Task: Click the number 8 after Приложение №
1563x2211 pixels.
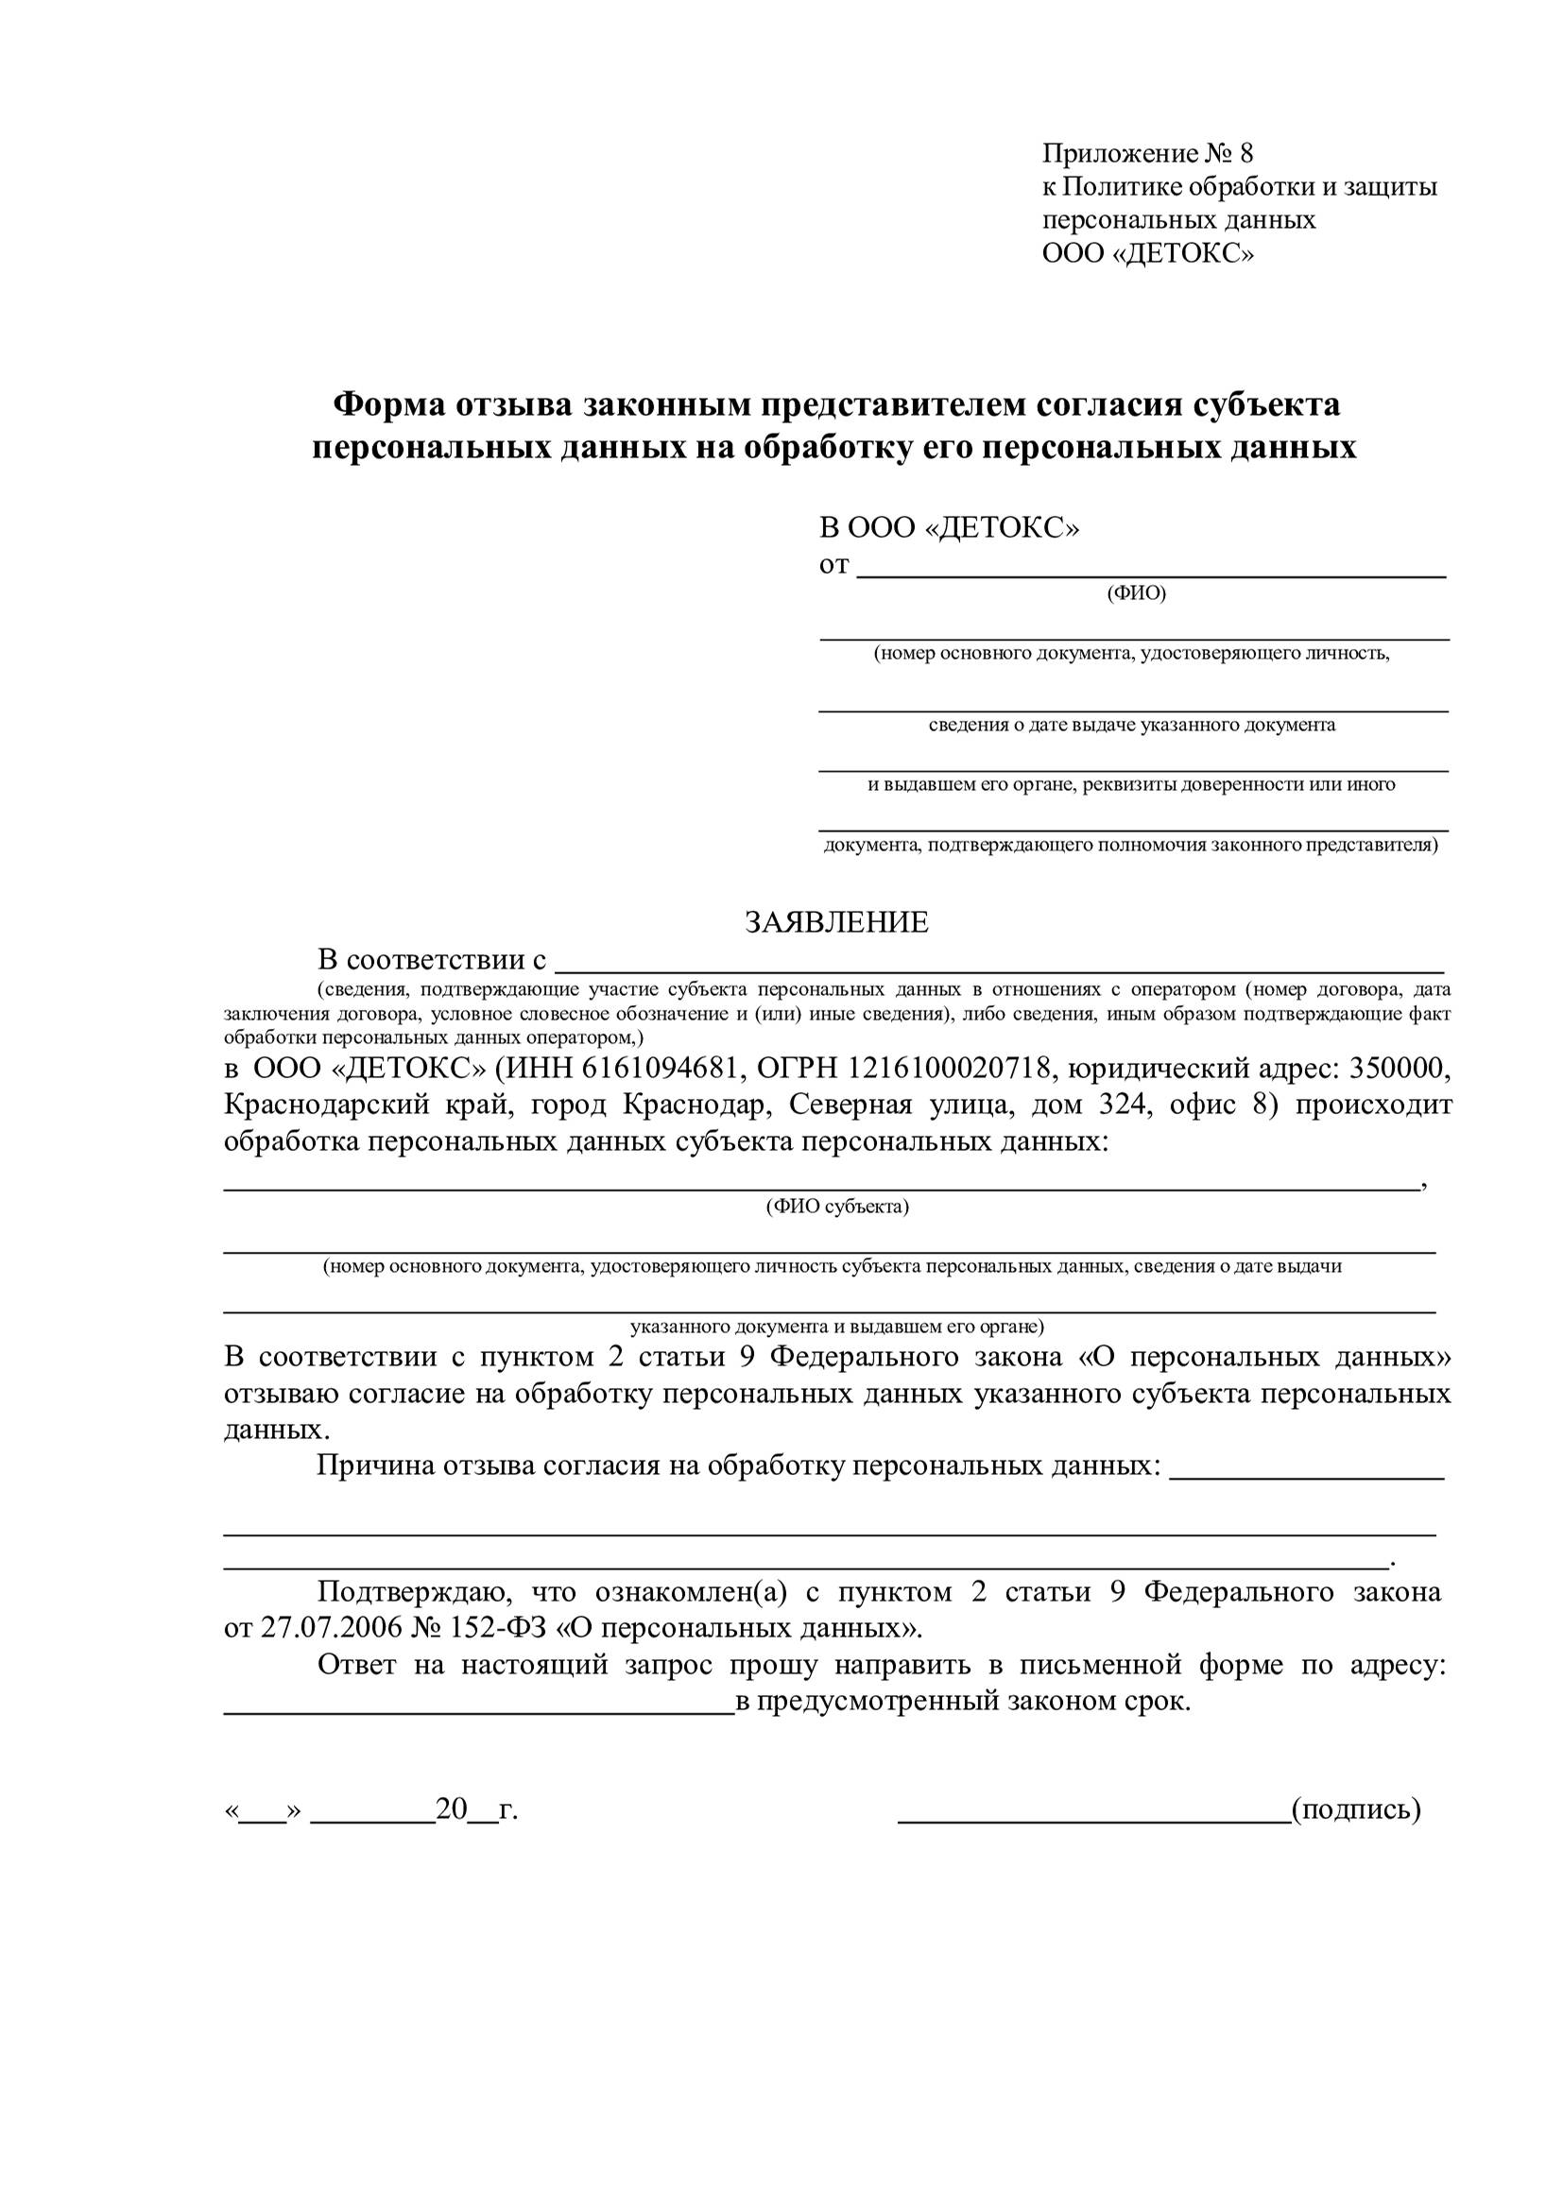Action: click(x=1246, y=153)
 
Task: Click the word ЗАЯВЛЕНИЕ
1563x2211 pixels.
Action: click(x=836, y=922)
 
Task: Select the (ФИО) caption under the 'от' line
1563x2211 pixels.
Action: click(x=1137, y=593)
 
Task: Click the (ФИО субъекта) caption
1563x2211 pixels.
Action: click(x=837, y=1207)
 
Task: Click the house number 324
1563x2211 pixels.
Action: click(x=1125, y=1105)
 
